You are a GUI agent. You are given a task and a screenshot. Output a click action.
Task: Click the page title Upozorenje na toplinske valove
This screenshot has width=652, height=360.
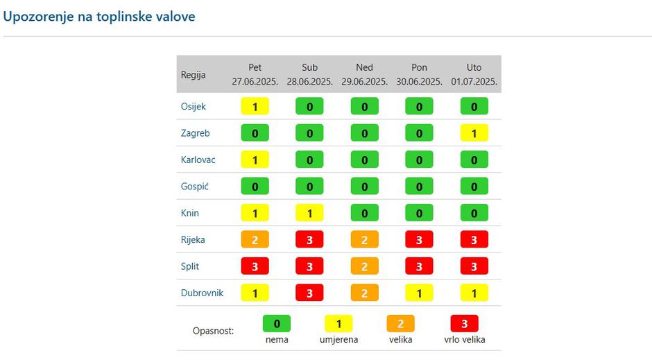pyautogui.click(x=99, y=17)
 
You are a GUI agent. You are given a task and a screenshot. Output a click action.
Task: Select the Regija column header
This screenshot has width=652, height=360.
pyautogui.click(x=194, y=75)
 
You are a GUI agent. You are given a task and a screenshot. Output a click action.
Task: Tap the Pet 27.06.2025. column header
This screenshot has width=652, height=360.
pyautogui.click(x=255, y=74)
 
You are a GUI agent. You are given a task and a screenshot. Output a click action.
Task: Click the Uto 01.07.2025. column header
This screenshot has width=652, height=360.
pyautogui.click(x=474, y=74)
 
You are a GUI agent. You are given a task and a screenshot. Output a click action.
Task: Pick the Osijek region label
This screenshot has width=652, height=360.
pyautogui.click(x=194, y=107)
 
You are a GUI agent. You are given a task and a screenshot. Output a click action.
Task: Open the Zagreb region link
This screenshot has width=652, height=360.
pyautogui.click(x=195, y=133)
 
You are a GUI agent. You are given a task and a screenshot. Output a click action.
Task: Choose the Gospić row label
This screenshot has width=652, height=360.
pyautogui.click(x=194, y=187)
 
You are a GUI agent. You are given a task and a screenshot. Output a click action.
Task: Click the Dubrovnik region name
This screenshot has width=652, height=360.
pyautogui.click(x=202, y=293)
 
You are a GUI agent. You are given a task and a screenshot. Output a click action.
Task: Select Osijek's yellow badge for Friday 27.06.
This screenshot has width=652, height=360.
pyautogui.click(x=255, y=107)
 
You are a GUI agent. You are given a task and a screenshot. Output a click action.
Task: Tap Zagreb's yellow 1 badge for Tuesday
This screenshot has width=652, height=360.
pyautogui.click(x=474, y=133)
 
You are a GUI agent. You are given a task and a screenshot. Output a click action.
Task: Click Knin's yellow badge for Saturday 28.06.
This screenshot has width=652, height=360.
pyautogui.click(x=309, y=213)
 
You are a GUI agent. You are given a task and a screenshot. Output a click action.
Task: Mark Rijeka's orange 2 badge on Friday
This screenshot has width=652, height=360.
pyautogui.click(x=255, y=239)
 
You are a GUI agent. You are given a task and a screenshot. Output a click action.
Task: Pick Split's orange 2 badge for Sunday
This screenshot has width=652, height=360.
pyautogui.click(x=364, y=266)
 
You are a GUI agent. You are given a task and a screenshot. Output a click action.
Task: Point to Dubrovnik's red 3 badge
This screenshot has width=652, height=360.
pyautogui.click(x=309, y=293)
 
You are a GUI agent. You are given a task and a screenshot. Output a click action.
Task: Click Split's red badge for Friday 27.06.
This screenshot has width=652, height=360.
pyautogui.click(x=255, y=266)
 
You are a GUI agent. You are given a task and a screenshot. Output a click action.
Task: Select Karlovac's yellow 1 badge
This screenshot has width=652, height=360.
pyautogui.click(x=255, y=160)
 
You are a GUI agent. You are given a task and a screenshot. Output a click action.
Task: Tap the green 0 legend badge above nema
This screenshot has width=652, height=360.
pyautogui.click(x=276, y=323)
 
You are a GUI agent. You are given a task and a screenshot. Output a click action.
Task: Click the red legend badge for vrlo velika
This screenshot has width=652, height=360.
pyautogui.click(x=464, y=323)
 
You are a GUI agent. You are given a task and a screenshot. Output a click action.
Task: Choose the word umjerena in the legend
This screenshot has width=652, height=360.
pyautogui.click(x=338, y=340)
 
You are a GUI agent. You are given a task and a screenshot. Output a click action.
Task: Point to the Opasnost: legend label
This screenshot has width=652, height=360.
pyautogui.click(x=213, y=331)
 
